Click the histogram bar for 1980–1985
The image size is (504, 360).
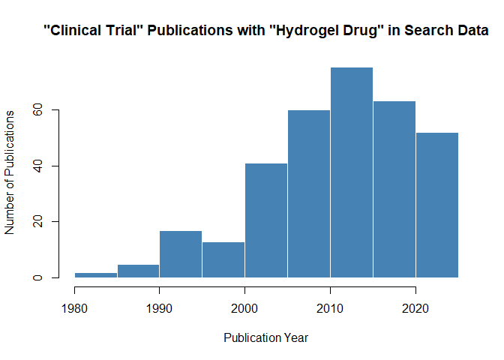[x=95, y=275]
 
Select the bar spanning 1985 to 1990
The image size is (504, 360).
[x=138, y=271]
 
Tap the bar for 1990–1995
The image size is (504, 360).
[x=181, y=254]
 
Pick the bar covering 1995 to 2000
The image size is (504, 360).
[x=223, y=259]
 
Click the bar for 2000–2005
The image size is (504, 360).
[x=266, y=220]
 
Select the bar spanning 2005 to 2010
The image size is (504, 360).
[x=309, y=193]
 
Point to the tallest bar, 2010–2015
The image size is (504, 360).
[x=352, y=172]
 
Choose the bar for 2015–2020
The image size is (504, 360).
[x=394, y=189]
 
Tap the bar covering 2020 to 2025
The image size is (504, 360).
[x=437, y=205]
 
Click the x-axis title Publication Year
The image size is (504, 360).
[x=266, y=337]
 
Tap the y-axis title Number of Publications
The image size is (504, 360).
[x=10, y=172]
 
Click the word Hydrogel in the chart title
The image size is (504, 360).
[x=325, y=31]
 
